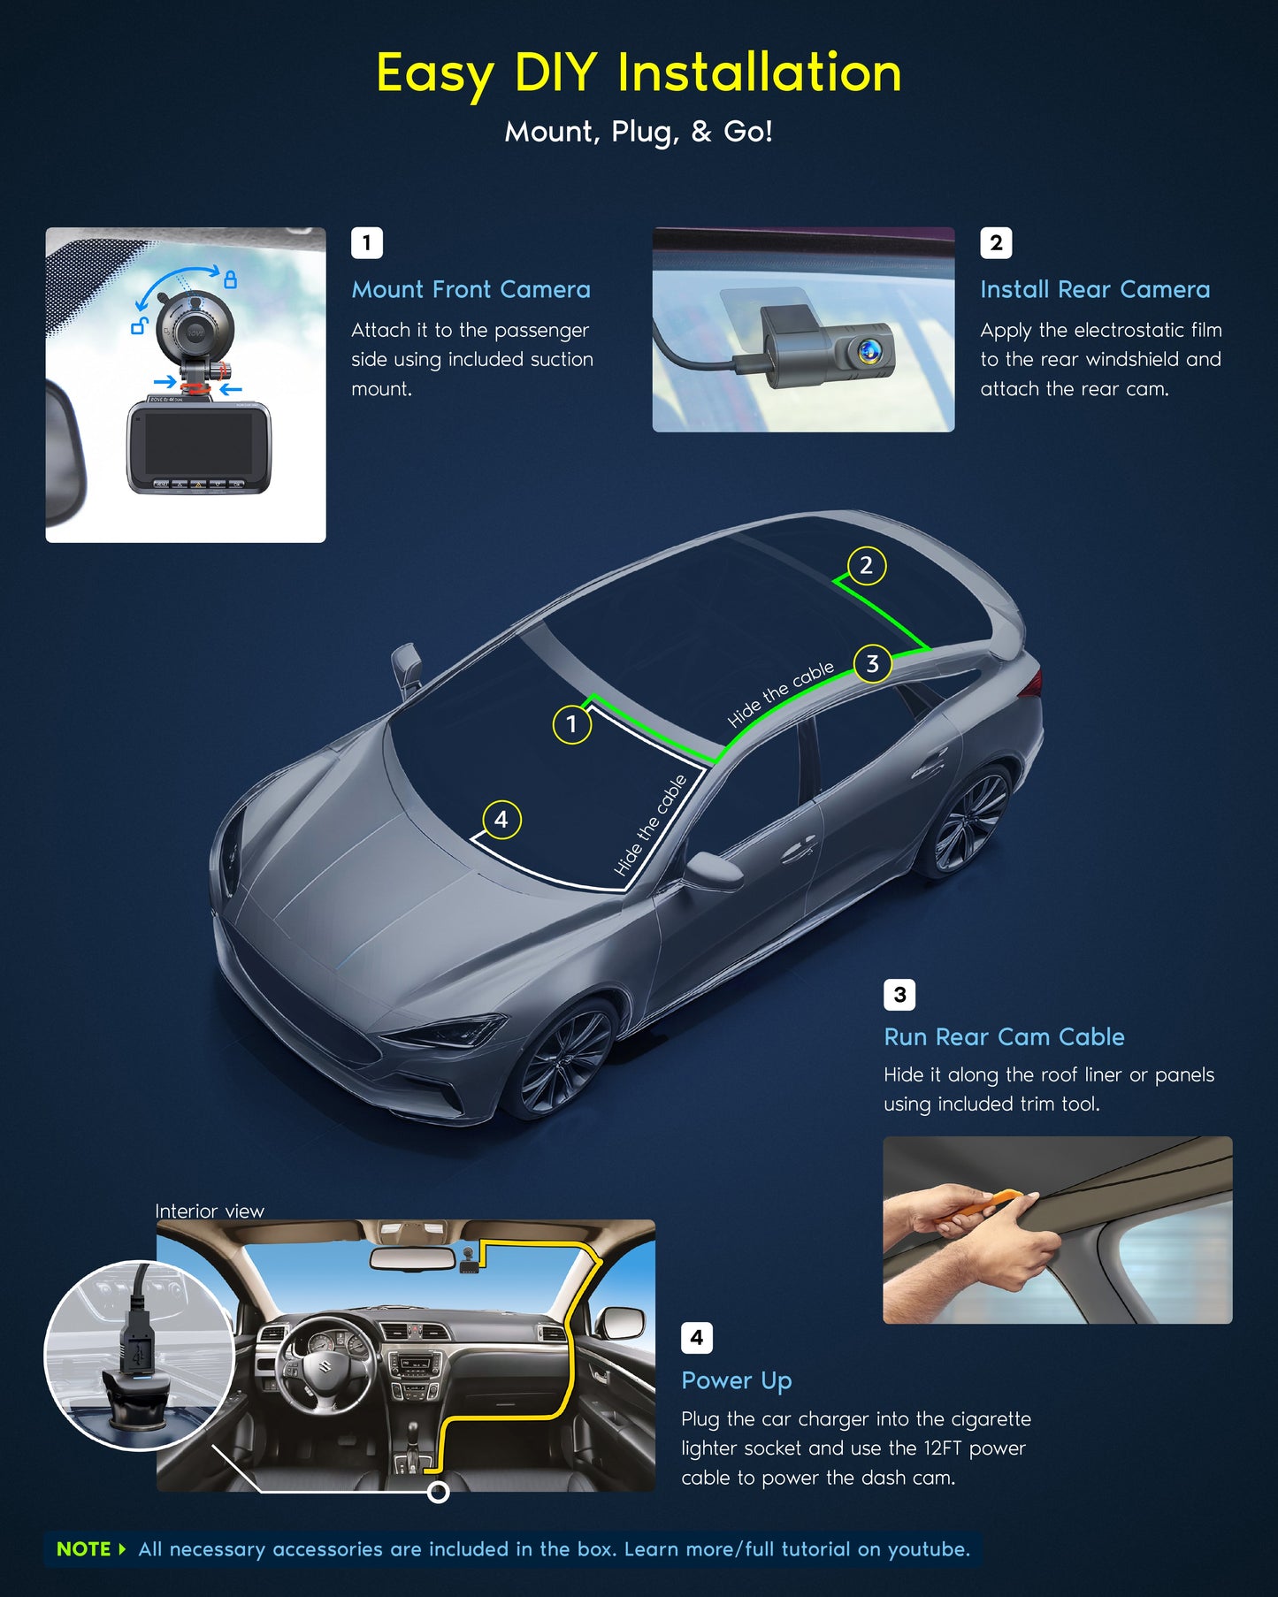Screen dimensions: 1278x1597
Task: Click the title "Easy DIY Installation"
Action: click(x=639, y=73)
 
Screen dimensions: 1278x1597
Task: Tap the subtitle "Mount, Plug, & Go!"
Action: click(x=639, y=132)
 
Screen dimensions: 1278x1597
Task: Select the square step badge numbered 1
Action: click(x=367, y=242)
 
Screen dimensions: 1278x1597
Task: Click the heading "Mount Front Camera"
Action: click(x=471, y=289)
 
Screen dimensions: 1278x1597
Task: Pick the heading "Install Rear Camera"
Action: click(x=1095, y=289)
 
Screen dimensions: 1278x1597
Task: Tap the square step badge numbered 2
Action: click(x=996, y=242)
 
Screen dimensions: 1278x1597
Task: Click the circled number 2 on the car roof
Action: click(x=867, y=566)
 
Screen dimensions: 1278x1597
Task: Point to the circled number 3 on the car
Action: click(x=873, y=664)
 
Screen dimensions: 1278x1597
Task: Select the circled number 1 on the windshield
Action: click(x=572, y=724)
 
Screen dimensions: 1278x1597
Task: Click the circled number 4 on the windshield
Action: click(x=501, y=820)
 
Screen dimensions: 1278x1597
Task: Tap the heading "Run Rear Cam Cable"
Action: click(x=1004, y=1036)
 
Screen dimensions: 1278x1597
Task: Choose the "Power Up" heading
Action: click(x=737, y=1381)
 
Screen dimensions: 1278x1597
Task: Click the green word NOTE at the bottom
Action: click(x=84, y=1549)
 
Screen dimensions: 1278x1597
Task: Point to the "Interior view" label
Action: click(x=210, y=1211)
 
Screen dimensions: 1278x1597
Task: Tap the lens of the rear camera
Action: click(x=868, y=350)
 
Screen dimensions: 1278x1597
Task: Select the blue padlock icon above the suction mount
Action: click(x=230, y=279)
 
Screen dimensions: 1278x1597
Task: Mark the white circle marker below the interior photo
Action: click(x=438, y=1493)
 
